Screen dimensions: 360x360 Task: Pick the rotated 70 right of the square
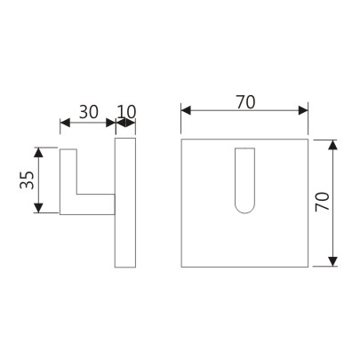click(x=323, y=202)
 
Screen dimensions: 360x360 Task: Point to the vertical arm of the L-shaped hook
click(x=68, y=180)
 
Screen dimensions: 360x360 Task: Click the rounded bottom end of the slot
click(x=244, y=211)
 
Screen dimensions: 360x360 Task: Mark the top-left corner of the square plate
click(x=182, y=139)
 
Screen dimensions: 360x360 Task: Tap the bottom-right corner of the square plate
click(x=308, y=266)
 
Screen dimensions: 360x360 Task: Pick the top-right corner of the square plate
click(x=308, y=139)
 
